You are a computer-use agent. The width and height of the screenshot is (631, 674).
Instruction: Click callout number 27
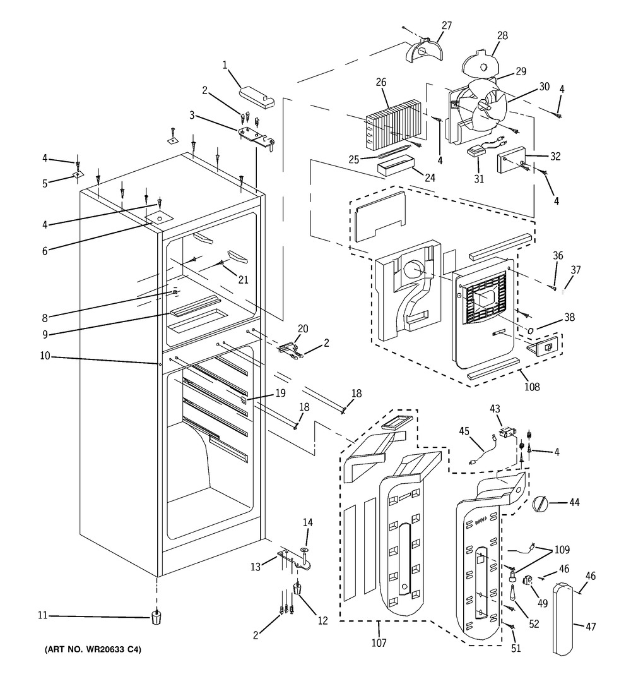tap(447, 26)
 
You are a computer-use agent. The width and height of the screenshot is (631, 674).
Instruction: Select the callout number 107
tap(379, 643)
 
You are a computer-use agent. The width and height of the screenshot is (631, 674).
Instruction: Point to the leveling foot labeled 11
tap(155, 617)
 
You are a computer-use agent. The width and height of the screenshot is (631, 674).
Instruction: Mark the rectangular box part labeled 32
tap(515, 162)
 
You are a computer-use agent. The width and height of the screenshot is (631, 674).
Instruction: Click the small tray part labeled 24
tap(394, 167)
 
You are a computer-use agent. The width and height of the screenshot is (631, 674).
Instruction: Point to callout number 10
tap(45, 356)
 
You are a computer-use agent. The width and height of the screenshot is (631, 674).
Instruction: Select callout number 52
tap(534, 625)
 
